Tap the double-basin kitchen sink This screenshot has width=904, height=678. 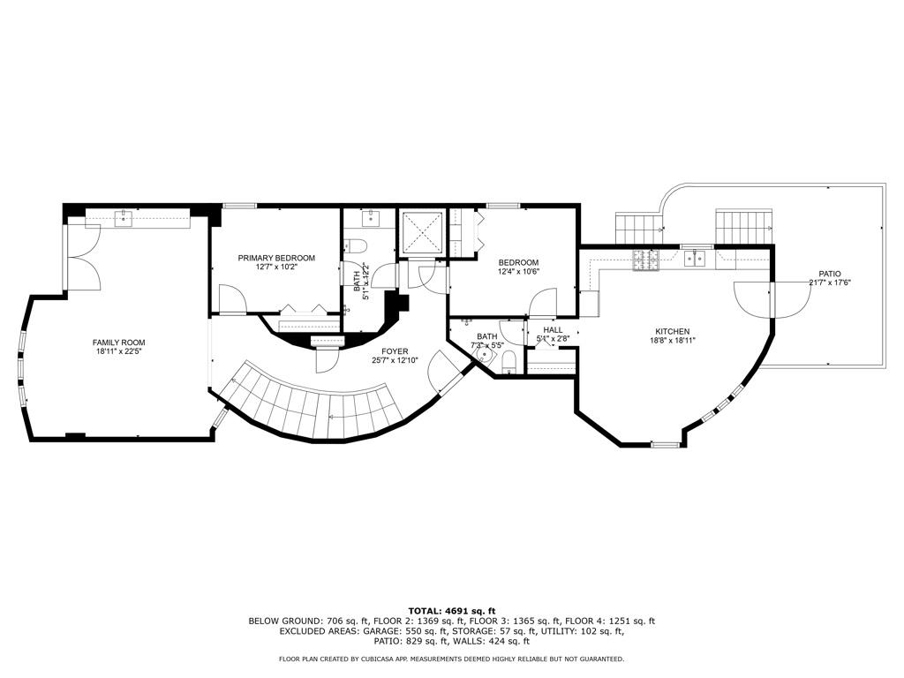(x=697, y=258)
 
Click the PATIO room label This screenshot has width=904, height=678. (x=829, y=274)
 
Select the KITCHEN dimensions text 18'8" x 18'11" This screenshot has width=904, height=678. (x=672, y=340)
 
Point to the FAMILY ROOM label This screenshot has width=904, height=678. (x=119, y=343)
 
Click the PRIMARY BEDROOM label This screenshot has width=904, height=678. (x=276, y=258)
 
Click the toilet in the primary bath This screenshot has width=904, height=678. (x=358, y=247)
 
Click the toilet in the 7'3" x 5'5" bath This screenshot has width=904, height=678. (x=508, y=362)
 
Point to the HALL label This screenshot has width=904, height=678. (x=553, y=330)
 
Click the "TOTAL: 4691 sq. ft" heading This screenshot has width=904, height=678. (x=451, y=610)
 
